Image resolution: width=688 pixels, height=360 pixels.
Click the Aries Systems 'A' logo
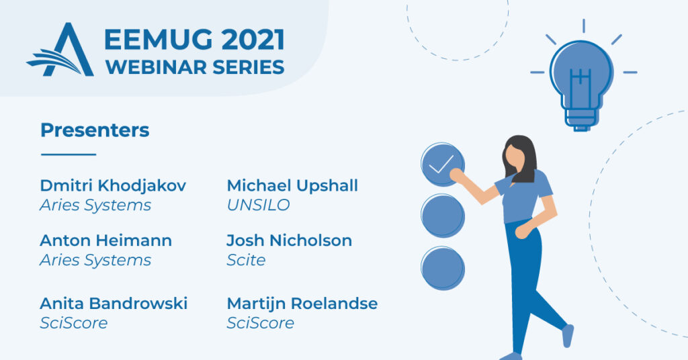[x=61, y=50]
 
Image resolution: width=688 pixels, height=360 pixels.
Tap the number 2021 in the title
[x=253, y=40]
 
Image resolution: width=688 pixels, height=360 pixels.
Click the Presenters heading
[x=95, y=130]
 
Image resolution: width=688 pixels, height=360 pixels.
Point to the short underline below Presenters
[x=69, y=154]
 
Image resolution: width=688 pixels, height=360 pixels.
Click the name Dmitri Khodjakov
[x=113, y=185]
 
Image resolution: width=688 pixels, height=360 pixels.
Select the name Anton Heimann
[x=105, y=240]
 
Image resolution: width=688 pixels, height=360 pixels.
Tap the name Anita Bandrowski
[x=114, y=303]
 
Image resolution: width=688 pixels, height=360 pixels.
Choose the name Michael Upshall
[x=292, y=185]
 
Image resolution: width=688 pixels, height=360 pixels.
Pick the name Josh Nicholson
[x=289, y=240]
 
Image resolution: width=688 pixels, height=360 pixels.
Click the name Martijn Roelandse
[x=302, y=303]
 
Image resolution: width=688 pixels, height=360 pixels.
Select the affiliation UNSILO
[x=259, y=205]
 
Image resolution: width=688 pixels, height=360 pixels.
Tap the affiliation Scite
[x=246, y=260]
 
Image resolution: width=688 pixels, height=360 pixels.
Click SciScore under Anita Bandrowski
[x=74, y=323]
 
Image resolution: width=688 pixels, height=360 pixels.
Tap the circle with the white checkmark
[x=442, y=165]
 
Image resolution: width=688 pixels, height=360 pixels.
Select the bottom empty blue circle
[x=442, y=269]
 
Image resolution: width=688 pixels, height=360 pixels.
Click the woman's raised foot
[x=568, y=335]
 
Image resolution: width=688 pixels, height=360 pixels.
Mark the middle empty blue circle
[x=442, y=216]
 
